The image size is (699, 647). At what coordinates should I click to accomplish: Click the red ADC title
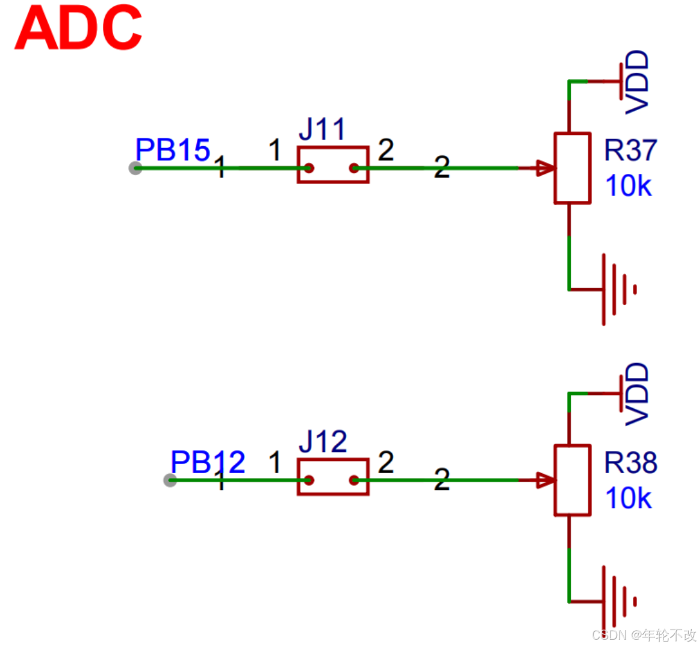(x=78, y=28)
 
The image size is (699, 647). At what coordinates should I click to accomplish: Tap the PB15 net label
(x=173, y=150)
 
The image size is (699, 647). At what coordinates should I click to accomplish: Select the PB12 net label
(x=208, y=462)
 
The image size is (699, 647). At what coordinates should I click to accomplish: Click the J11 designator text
(x=322, y=129)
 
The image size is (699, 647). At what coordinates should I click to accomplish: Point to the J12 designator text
(x=323, y=442)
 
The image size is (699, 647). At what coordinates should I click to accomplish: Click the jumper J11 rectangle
(x=333, y=165)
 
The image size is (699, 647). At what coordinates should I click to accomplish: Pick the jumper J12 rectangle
(x=333, y=477)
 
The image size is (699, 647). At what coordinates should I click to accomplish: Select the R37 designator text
(x=630, y=150)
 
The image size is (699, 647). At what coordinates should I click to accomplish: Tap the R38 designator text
(x=630, y=463)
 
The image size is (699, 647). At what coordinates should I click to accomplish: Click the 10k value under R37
(x=628, y=186)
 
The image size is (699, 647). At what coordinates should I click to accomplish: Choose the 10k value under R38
(x=628, y=498)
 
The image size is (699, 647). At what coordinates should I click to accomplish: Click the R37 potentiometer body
(x=572, y=169)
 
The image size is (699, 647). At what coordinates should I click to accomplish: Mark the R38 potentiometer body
(x=572, y=480)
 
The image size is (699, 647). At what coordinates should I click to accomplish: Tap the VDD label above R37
(x=637, y=82)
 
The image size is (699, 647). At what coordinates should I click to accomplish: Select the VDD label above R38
(x=637, y=394)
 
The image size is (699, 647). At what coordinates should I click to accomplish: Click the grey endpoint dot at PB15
(x=135, y=168)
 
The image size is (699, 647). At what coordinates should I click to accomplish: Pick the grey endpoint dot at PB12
(x=170, y=480)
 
